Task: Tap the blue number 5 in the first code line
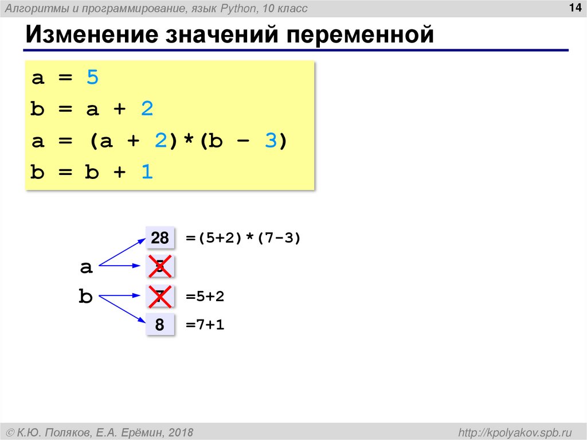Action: [x=93, y=77]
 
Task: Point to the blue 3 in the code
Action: [x=271, y=141]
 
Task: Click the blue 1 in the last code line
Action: [x=148, y=173]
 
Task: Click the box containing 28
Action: [x=160, y=238]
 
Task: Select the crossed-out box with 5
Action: [x=160, y=267]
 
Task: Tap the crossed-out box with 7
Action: [x=160, y=297]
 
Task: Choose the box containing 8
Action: [x=160, y=325]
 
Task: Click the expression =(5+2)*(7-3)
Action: [x=243, y=238]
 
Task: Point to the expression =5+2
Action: [x=205, y=297]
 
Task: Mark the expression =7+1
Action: [x=205, y=325]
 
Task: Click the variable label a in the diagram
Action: [x=86, y=267]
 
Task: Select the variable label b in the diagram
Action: [x=86, y=297]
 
